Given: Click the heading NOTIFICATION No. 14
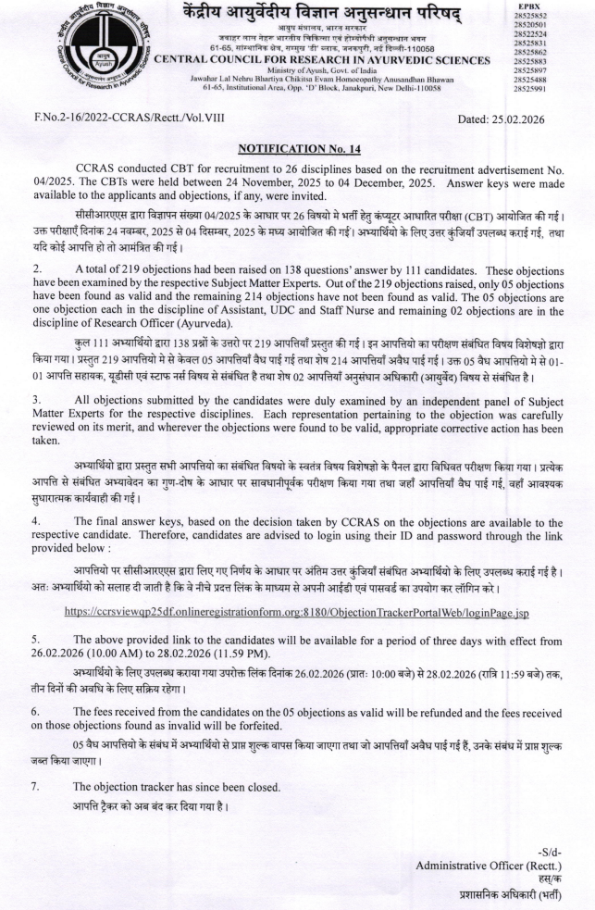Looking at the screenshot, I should click(297, 147).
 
